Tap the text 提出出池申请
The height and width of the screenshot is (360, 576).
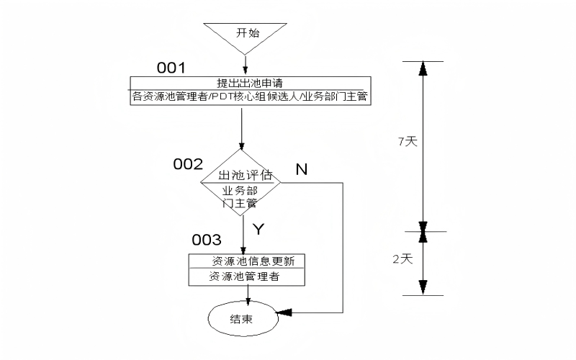point(249,82)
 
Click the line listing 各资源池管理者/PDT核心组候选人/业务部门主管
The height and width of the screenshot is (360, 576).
point(250,96)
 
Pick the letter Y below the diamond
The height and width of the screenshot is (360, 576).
point(259,229)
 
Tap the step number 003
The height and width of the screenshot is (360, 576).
point(206,239)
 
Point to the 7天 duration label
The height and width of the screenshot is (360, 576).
point(408,142)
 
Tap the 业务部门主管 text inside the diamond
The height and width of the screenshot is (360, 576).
point(240,197)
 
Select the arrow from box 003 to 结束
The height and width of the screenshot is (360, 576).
point(248,294)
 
